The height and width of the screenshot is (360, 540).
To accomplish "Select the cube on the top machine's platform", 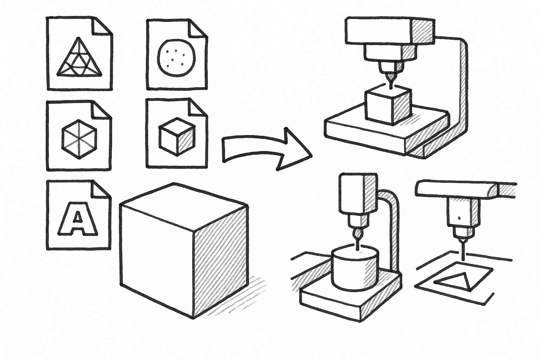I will point(387,106).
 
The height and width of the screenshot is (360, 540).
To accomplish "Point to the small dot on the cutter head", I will point(459,218).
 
